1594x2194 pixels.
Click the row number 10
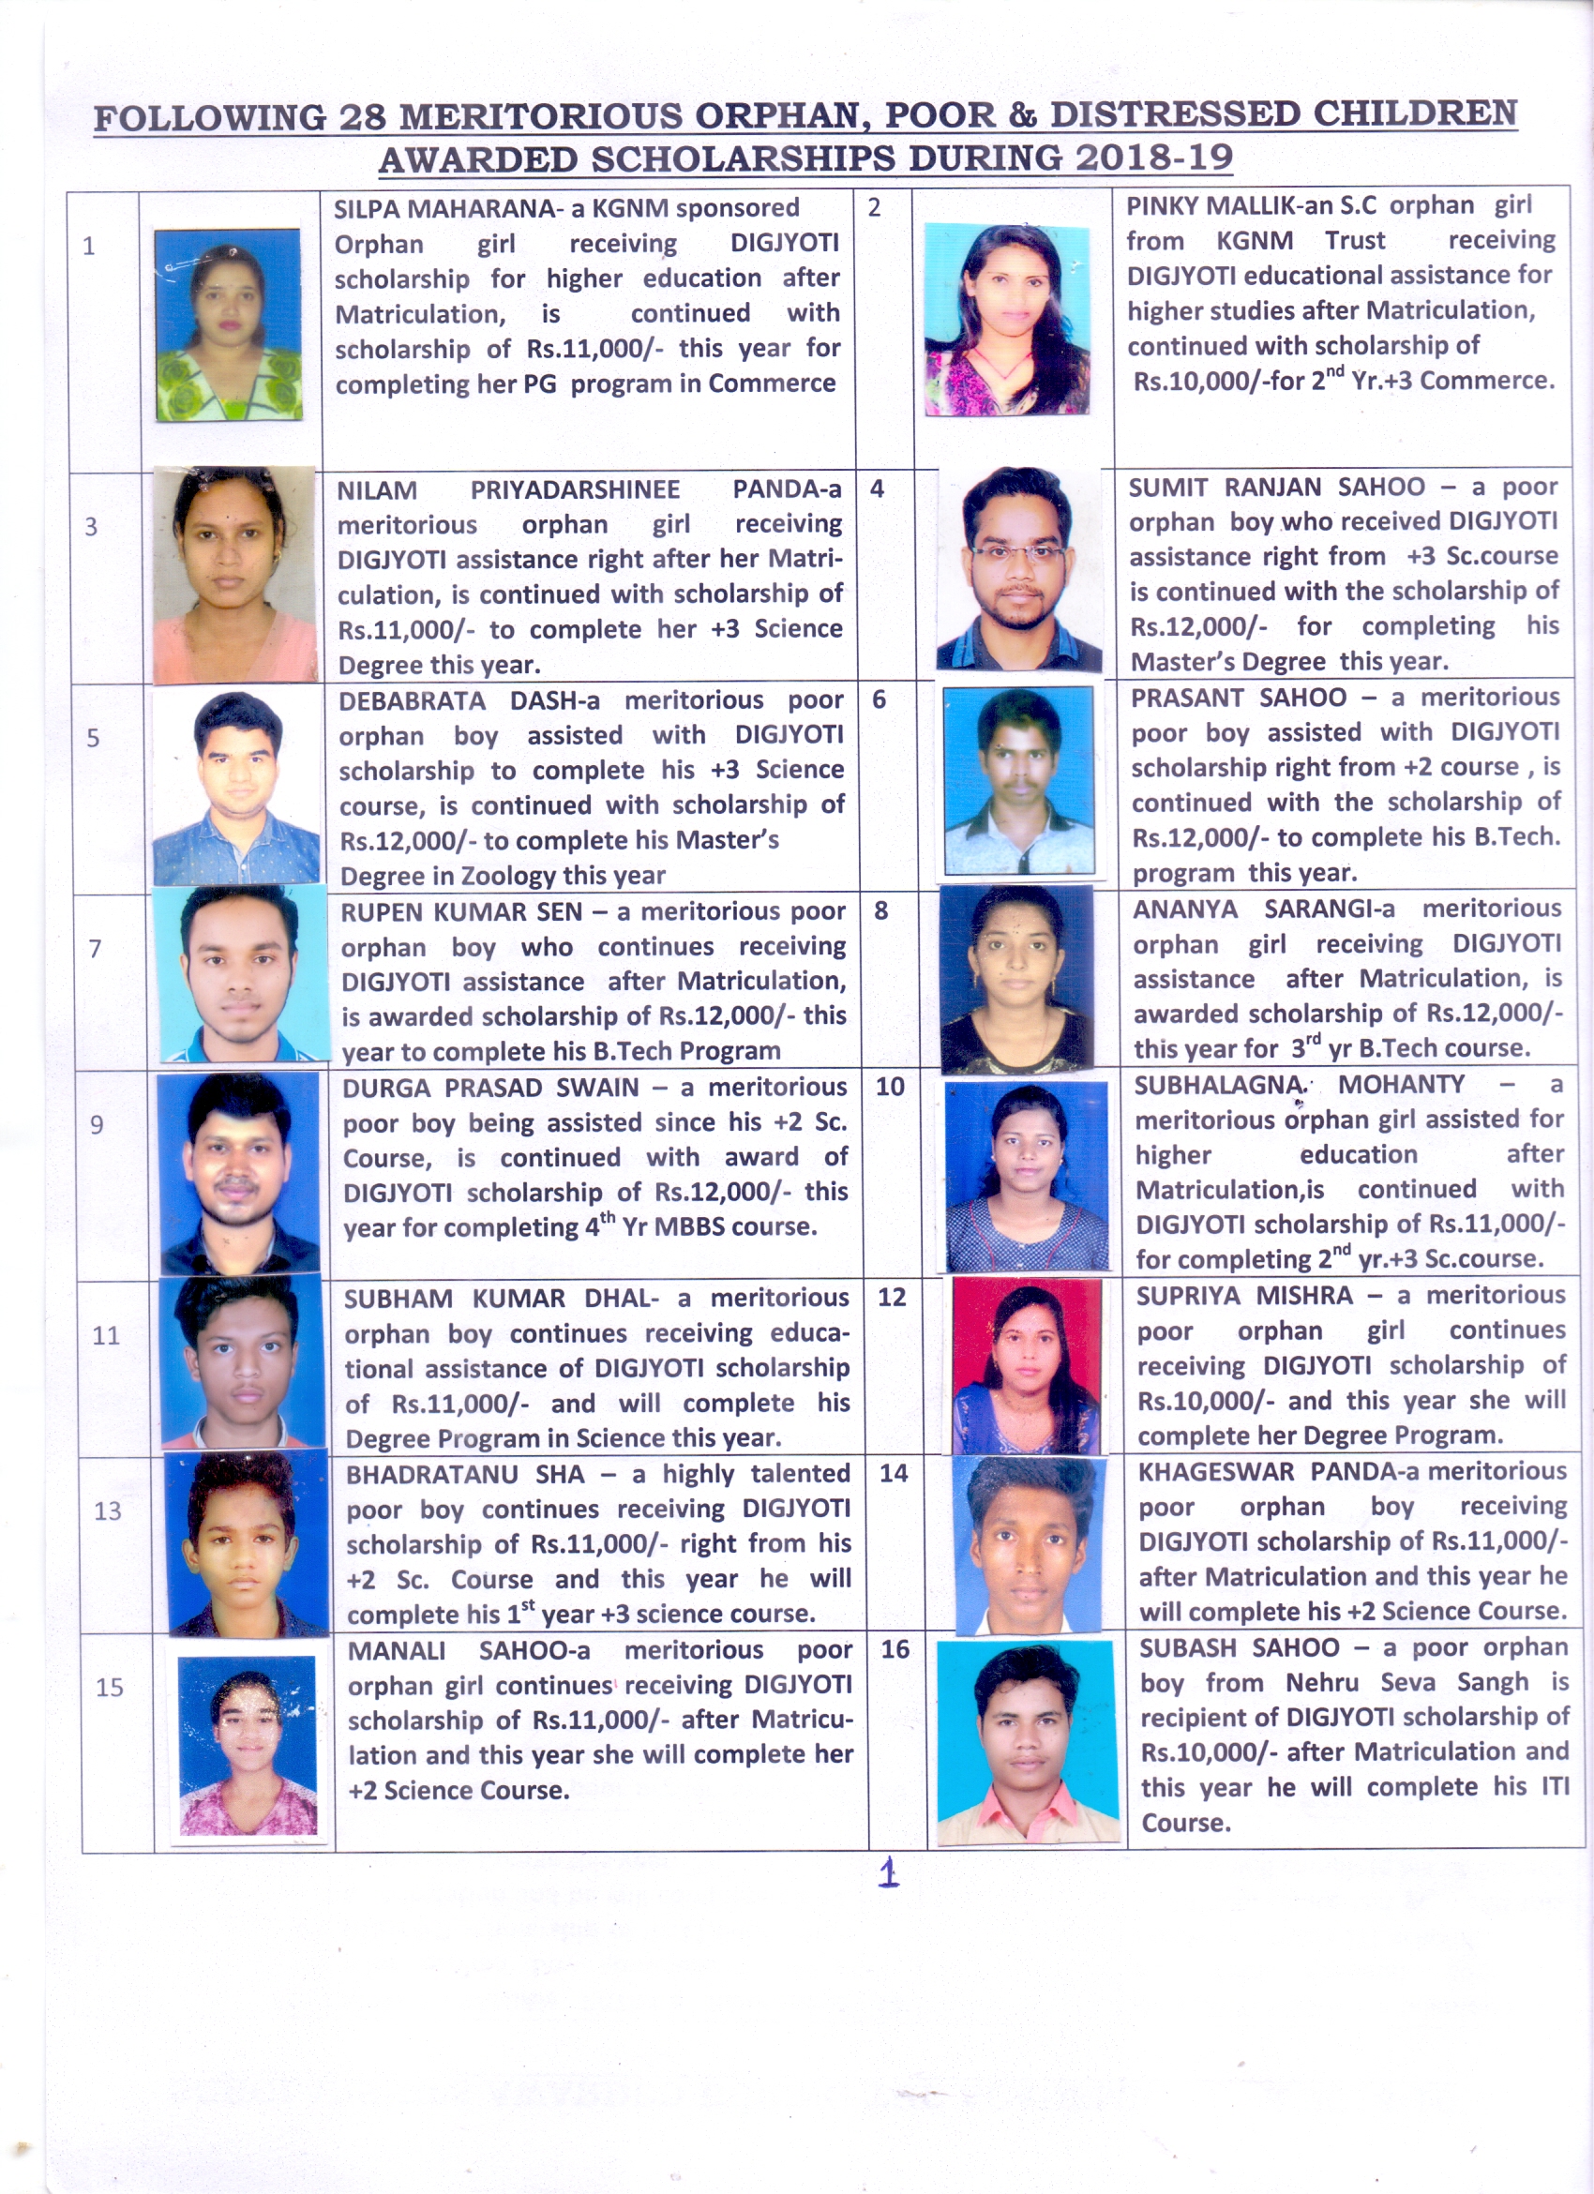click(x=890, y=1087)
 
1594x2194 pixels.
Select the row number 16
click(x=895, y=1648)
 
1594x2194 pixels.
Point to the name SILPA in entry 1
click(x=365, y=209)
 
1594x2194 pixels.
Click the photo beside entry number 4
click(x=1018, y=569)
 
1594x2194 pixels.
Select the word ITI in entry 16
click(x=1556, y=1786)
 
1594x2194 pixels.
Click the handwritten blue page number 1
click(x=888, y=1873)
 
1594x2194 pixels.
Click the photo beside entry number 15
click(x=248, y=1744)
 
